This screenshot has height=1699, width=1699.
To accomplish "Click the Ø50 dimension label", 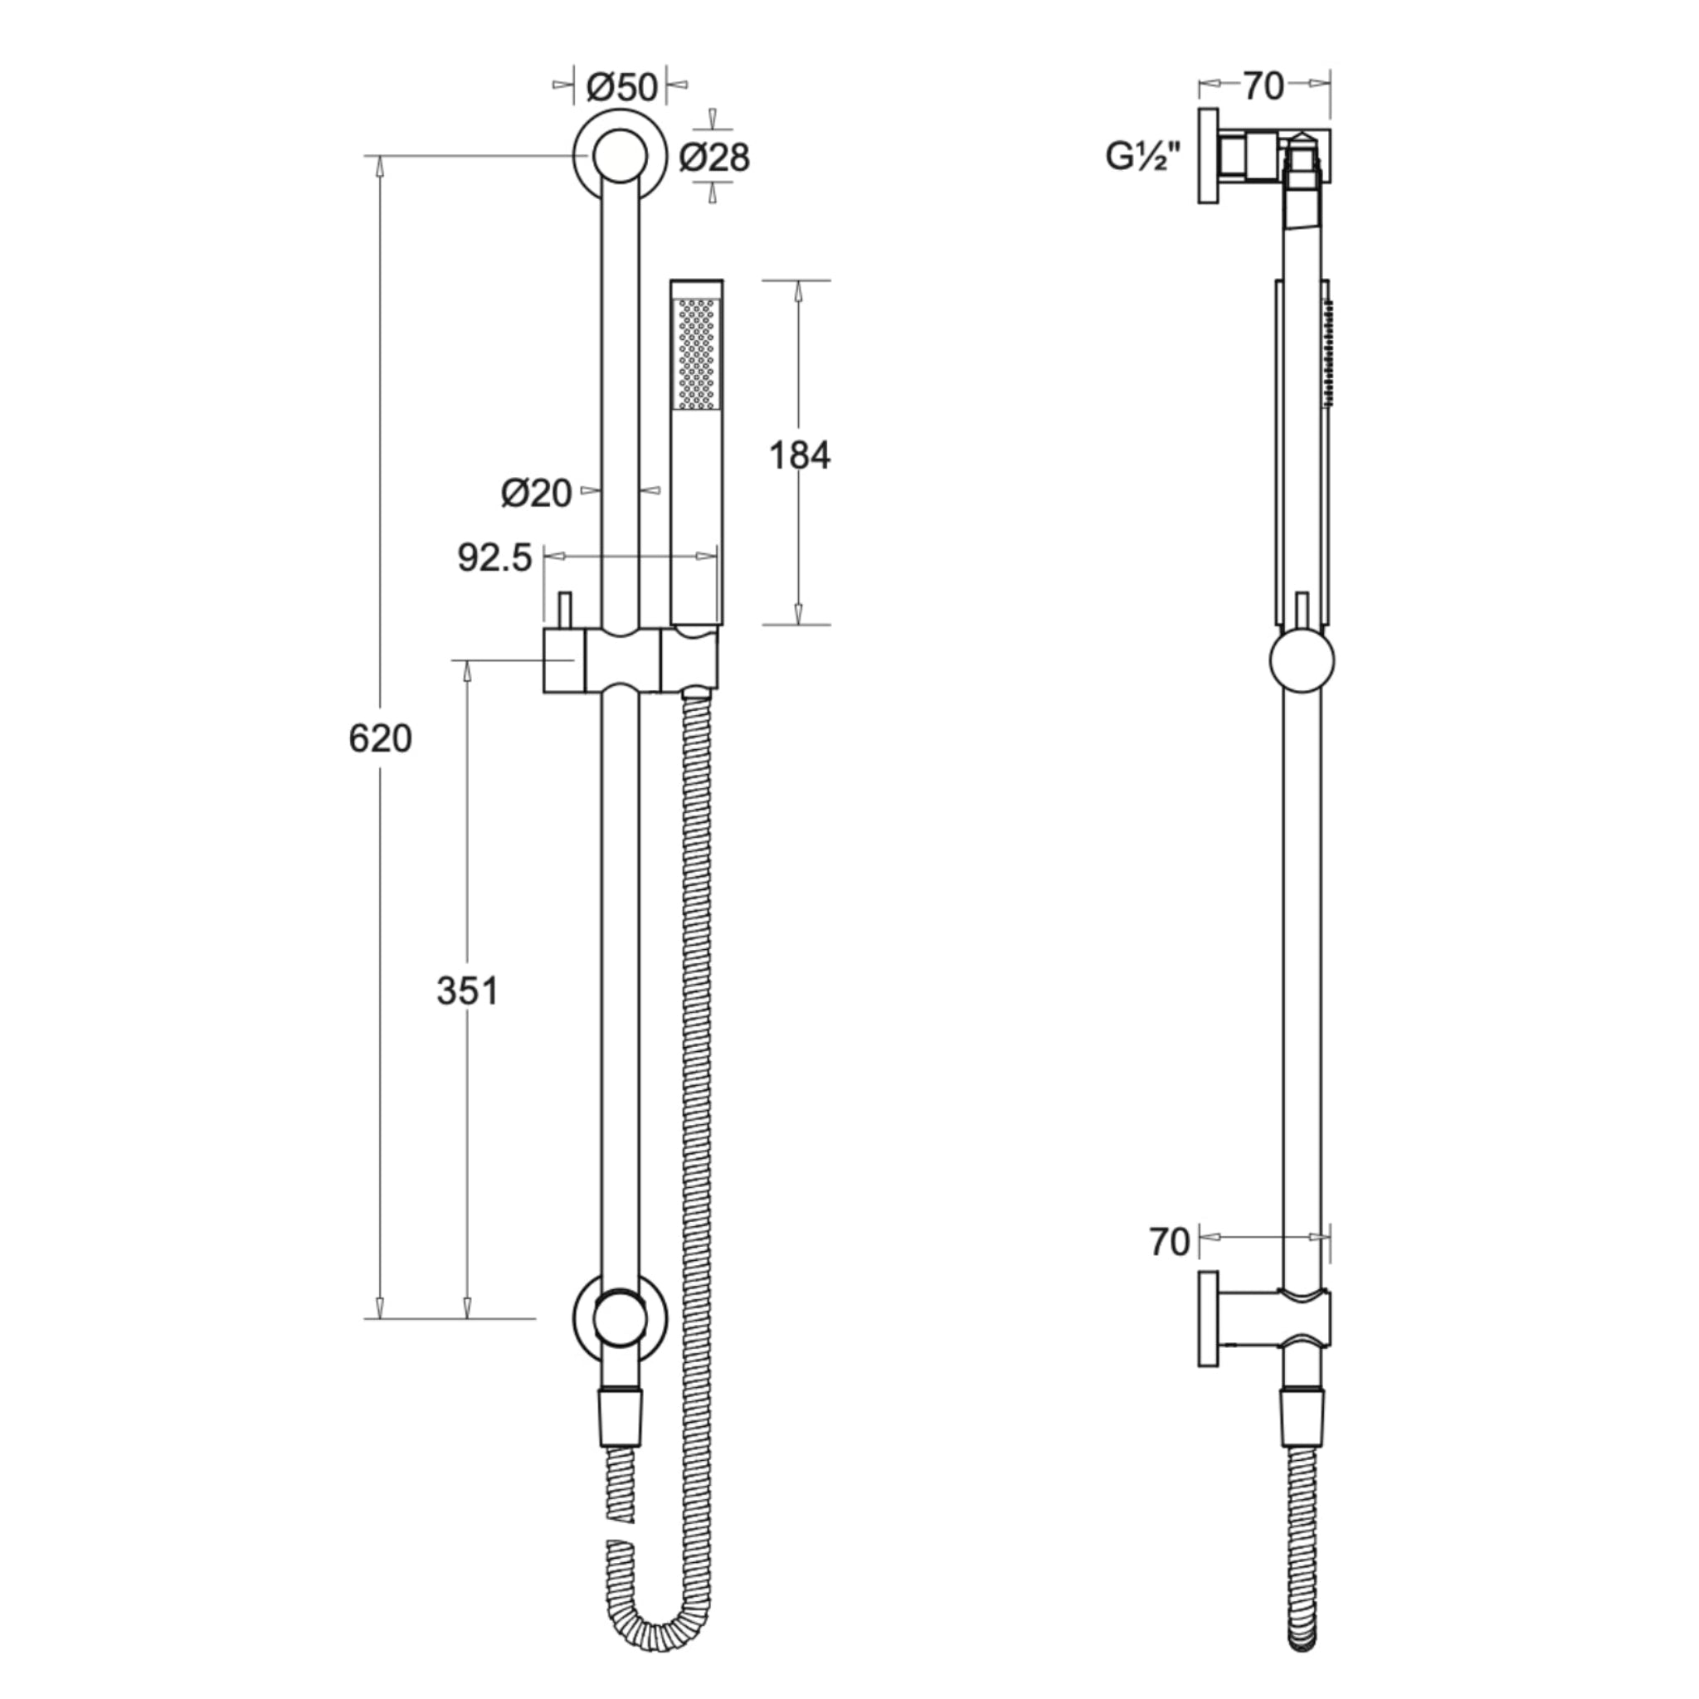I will pos(621,87).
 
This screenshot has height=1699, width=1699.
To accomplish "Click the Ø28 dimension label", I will pos(714,158).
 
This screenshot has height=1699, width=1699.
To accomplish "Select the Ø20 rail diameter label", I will pos(537,494).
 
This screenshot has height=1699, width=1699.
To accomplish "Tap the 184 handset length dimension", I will pos(799,455).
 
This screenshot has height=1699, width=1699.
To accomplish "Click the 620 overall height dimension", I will pos(380,738).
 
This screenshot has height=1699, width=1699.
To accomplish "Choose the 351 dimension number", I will pos(467,992).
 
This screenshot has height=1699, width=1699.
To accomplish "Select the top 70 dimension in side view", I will pos(1263,86).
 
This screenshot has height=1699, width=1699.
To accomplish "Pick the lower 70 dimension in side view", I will pos(1170,1243).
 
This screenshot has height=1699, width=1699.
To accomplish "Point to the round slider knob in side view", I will pos(1302,660).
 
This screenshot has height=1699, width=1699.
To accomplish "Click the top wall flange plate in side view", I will pos(1208,157).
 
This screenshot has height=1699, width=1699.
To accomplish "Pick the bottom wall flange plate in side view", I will pos(1208,1319).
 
